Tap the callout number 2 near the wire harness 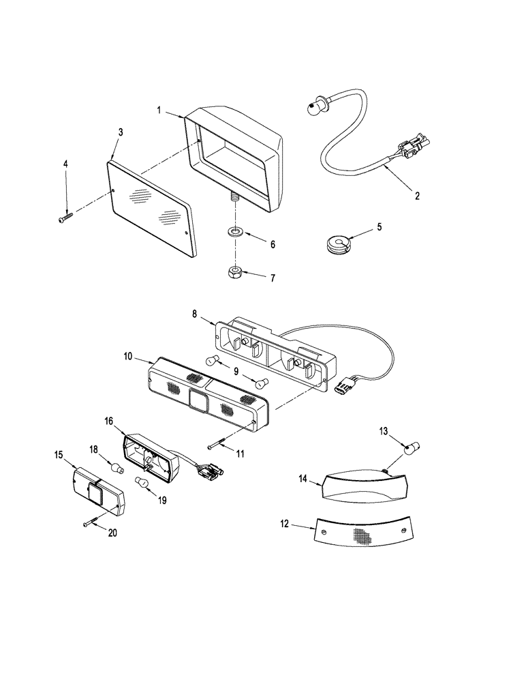pos(416,195)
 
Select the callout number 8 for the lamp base pos(194,314)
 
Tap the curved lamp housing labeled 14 pos(365,485)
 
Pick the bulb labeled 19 pos(143,484)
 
